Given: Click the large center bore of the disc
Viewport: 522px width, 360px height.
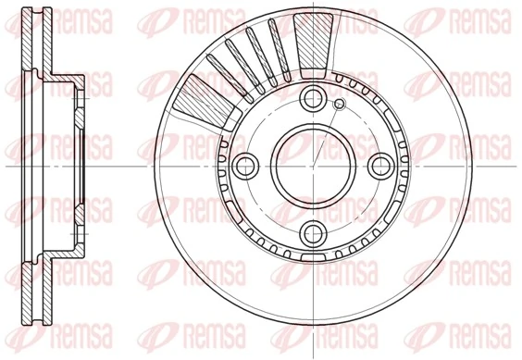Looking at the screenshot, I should [314, 167].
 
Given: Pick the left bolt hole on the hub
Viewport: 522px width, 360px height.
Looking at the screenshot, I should [246, 167].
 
